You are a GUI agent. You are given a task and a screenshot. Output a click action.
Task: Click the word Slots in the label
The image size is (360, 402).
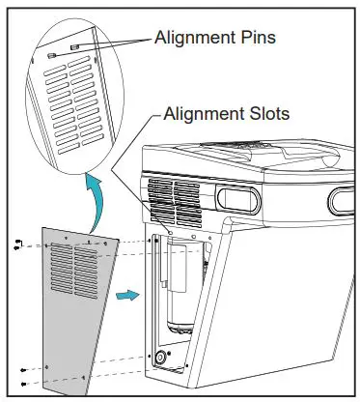(x=262, y=114)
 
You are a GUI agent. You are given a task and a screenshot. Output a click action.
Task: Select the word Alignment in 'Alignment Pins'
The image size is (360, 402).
(x=198, y=38)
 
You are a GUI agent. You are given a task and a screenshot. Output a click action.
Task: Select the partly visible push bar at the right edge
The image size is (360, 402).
(x=343, y=200)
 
